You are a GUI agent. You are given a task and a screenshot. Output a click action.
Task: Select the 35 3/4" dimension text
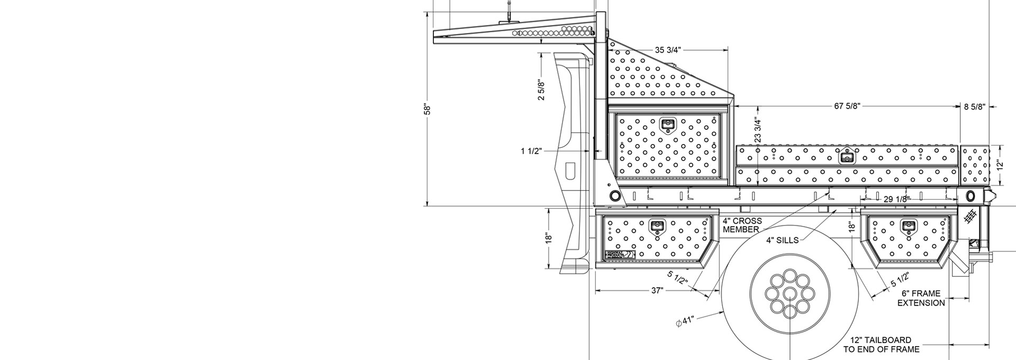tap(668, 50)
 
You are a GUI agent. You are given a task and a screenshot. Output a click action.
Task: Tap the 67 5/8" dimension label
tap(847, 106)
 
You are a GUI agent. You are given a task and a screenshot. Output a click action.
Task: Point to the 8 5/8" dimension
tap(974, 107)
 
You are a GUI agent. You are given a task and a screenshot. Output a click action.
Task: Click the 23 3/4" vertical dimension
tap(758, 130)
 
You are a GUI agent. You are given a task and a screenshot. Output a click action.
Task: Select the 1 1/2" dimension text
tap(531, 151)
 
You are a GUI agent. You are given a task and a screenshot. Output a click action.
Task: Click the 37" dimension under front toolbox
tap(657, 291)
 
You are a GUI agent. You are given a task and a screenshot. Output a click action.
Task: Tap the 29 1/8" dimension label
tap(896, 199)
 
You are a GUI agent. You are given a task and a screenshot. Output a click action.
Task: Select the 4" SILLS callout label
tap(782, 240)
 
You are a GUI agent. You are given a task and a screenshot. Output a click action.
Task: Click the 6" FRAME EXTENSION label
tap(921, 298)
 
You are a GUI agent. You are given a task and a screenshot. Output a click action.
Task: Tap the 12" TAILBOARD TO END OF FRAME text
tap(881, 345)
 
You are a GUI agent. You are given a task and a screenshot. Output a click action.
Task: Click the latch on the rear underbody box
tap(908, 227)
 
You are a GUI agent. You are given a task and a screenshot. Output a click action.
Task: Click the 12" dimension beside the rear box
tap(999, 165)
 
